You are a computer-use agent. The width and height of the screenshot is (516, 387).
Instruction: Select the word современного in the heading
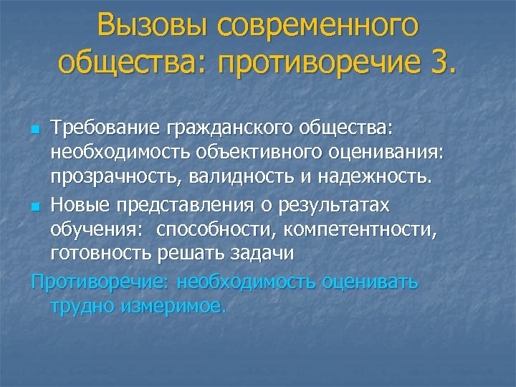click(x=319, y=27)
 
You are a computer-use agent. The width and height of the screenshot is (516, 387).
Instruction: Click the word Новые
click(x=77, y=205)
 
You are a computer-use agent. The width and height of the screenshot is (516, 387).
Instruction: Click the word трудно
click(x=82, y=306)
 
